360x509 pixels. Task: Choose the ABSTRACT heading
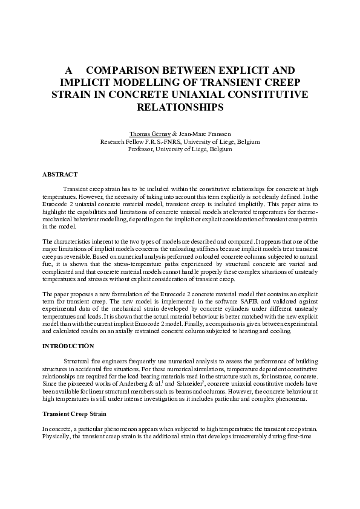pyautogui.click(x=60, y=174)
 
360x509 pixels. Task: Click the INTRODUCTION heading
pyautogui.click(x=68, y=346)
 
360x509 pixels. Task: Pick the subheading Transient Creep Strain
pyautogui.click(x=74, y=413)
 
